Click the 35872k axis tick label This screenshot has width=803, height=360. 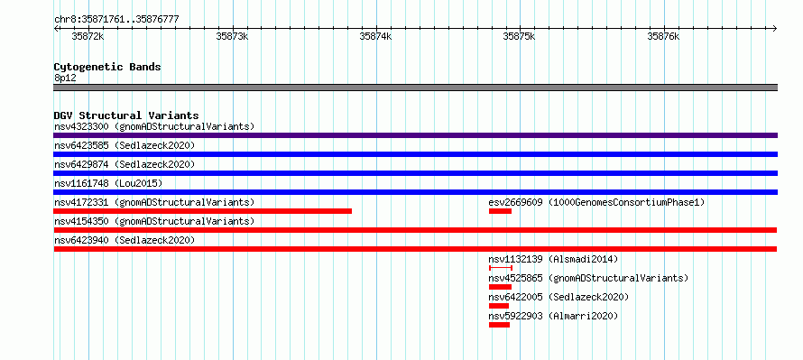[88, 36]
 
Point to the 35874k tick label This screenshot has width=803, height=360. [376, 36]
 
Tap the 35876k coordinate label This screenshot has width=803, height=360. [664, 36]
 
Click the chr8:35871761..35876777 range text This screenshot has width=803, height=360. [116, 20]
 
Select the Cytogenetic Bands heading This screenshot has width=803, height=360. [107, 67]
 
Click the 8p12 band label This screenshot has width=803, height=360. [65, 78]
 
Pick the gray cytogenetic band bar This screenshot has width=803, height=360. [415, 88]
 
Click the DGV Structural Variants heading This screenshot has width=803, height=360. [126, 115]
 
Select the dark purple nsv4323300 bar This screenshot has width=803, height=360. [415, 135]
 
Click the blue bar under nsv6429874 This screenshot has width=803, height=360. [415, 173]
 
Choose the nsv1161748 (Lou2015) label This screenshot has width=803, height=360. [108, 183]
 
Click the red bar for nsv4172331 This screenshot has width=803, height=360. [203, 211]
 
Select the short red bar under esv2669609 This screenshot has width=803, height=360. [501, 211]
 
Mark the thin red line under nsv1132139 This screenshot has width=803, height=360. [501, 268]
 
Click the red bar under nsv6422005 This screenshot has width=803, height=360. [499, 306]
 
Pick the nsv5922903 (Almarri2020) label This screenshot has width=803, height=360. [553, 316]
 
